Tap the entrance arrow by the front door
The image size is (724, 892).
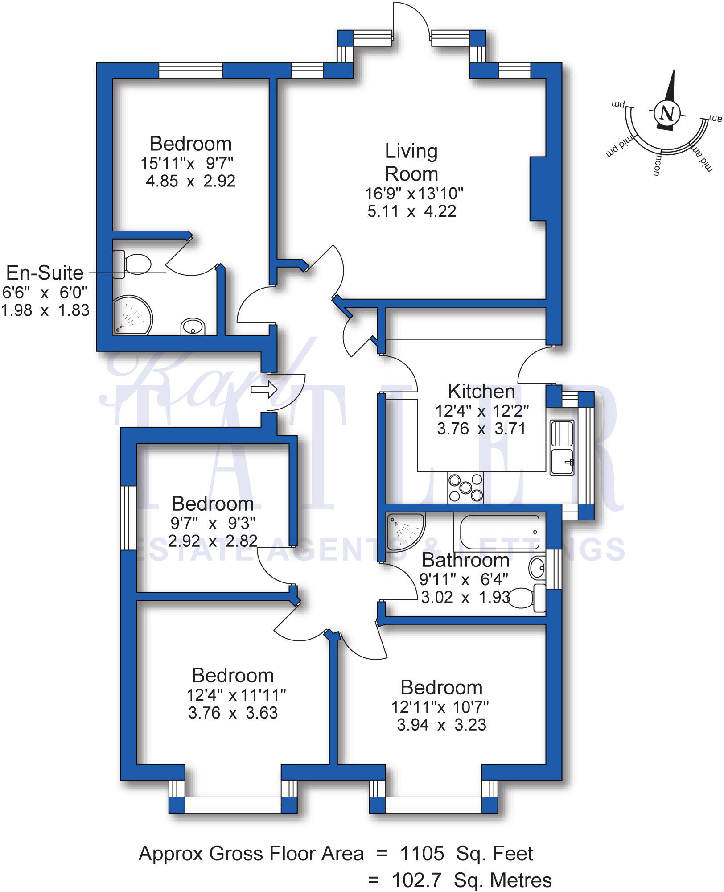pyautogui.click(x=264, y=389)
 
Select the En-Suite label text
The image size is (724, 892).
pyautogui.click(x=45, y=273)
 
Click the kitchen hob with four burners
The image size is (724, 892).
pyautogui.click(x=465, y=487)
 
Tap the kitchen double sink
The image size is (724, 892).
pyautogui.click(x=562, y=447)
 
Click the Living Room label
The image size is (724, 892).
pyautogui.click(x=411, y=162)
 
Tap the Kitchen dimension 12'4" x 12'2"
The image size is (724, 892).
pyautogui.click(x=482, y=411)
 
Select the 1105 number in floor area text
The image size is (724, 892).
pyautogui.click(x=422, y=854)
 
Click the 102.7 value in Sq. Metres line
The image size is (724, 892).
pyautogui.click(x=416, y=880)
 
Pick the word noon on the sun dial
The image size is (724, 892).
pyautogui.click(x=657, y=165)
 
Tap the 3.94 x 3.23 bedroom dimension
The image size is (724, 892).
pyautogui.click(x=441, y=725)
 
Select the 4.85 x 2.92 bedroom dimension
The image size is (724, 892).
pyautogui.click(x=190, y=181)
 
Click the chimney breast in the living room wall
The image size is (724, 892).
pyautogui.click(x=538, y=189)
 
